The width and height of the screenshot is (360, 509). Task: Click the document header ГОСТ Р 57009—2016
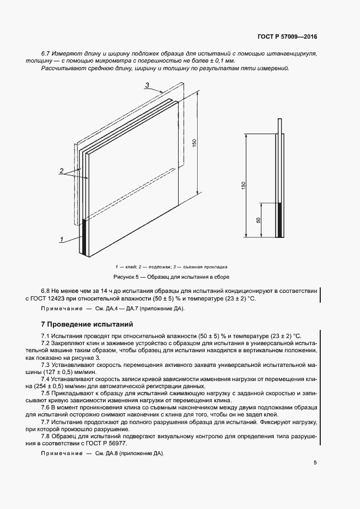click(x=287, y=37)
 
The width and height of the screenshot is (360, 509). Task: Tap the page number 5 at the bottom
click(x=315, y=463)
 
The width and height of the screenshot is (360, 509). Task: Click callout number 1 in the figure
click(x=62, y=239)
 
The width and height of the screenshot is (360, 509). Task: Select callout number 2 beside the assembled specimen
click(x=62, y=170)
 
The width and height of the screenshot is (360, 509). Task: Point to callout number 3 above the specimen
click(x=148, y=85)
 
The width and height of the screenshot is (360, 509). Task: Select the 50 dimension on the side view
click(x=259, y=220)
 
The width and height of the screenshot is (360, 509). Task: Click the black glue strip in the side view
click(x=280, y=220)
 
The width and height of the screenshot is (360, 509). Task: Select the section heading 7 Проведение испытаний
click(x=81, y=324)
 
